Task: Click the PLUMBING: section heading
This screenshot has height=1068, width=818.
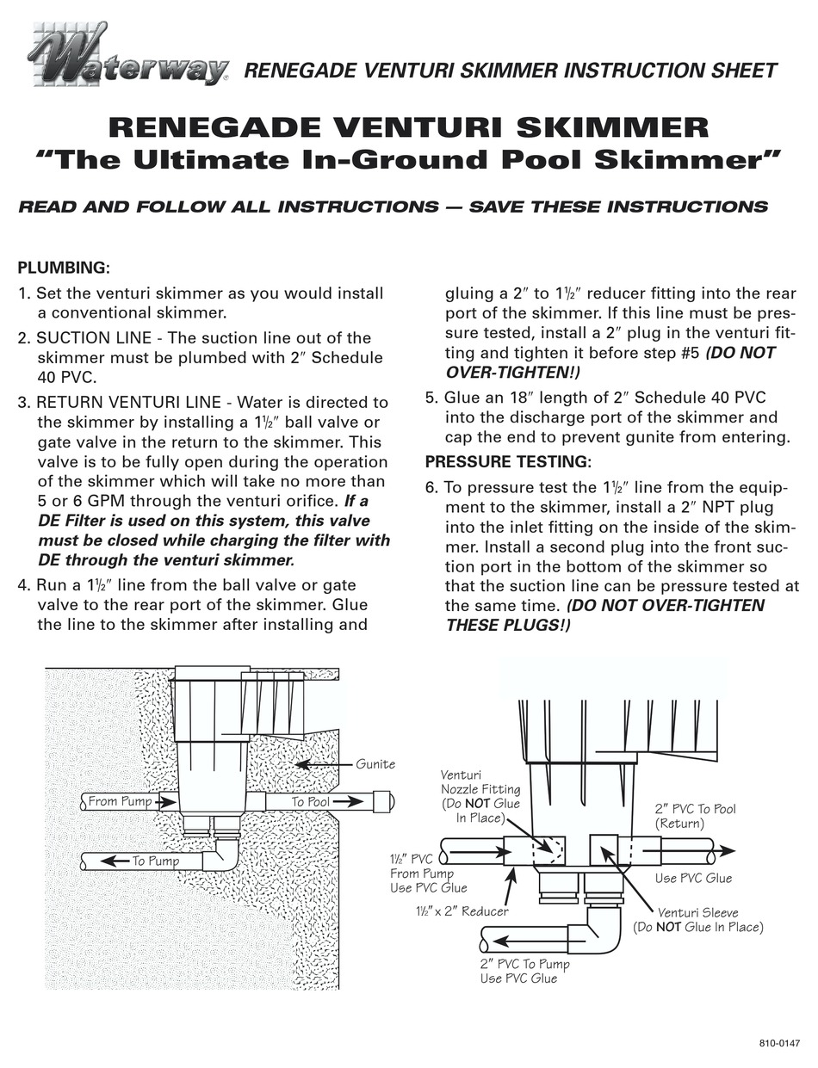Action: tap(64, 268)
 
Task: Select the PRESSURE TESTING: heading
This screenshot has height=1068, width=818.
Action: tap(508, 461)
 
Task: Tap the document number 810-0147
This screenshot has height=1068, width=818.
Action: tap(778, 1043)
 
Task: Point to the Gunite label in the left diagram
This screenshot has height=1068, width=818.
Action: tap(375, 763)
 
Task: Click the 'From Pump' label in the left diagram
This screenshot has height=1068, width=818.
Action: tap(120, 801)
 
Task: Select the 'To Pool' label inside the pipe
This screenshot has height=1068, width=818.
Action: tap(310, 801)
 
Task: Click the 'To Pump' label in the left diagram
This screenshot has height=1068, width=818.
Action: tap(155, 861)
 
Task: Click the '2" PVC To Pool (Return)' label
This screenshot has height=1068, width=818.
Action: tap(695, 816)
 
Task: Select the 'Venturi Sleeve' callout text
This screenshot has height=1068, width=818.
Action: tap(697, 920)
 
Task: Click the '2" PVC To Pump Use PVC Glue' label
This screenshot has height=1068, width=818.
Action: tap(524, 971)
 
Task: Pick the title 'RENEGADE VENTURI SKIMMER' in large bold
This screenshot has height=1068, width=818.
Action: tap(409, 127)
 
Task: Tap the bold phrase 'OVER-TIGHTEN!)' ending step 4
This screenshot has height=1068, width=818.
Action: tap(512, 373)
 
